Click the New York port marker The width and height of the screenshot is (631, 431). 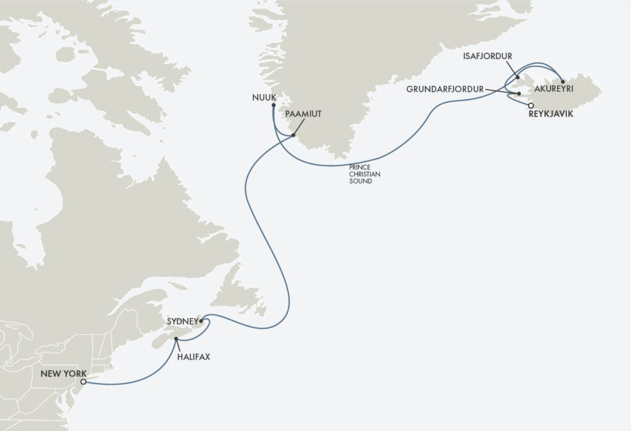click(83, 382)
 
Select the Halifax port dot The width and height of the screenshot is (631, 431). click(176, 339)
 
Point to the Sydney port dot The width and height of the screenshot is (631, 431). click(201, 321)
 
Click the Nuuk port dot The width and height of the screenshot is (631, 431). click(272, 105)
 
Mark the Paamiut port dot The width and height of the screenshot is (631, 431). click(293, 136)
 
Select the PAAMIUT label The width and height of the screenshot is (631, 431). click(303, 115)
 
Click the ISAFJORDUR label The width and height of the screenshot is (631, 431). click(487, 56)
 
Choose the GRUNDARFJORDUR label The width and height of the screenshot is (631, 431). click(444, 89)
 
